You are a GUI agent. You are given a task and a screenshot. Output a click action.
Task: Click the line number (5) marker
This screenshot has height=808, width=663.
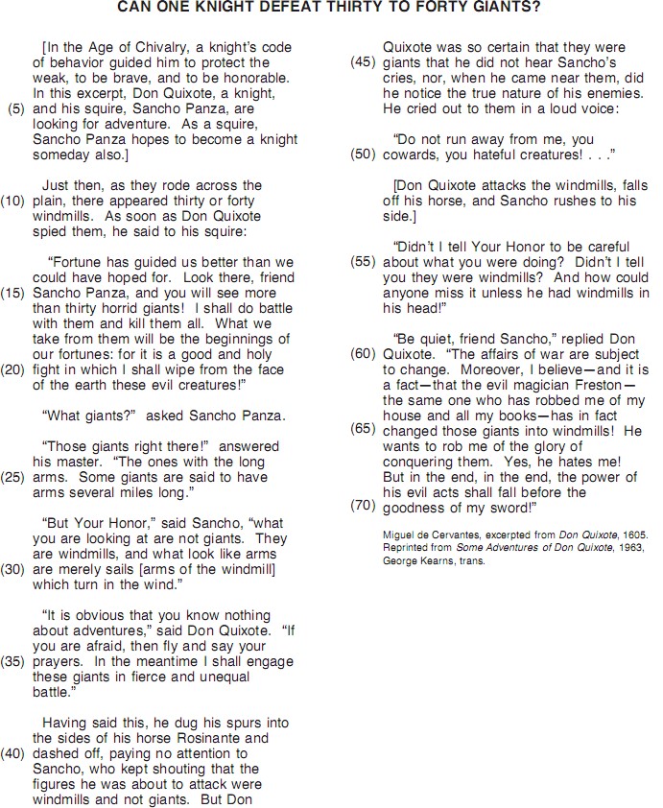pyautogui.click(x=15, y=108)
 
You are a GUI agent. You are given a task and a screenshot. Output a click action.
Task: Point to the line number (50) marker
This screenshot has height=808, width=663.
pyautogui.click(x=364, y=154)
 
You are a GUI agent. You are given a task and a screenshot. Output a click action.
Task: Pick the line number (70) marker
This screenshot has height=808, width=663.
pyautogui.click(x=364, y=505)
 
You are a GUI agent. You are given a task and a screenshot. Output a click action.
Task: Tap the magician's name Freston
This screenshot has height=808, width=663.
pyautogui.click(x=580, y=385)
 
